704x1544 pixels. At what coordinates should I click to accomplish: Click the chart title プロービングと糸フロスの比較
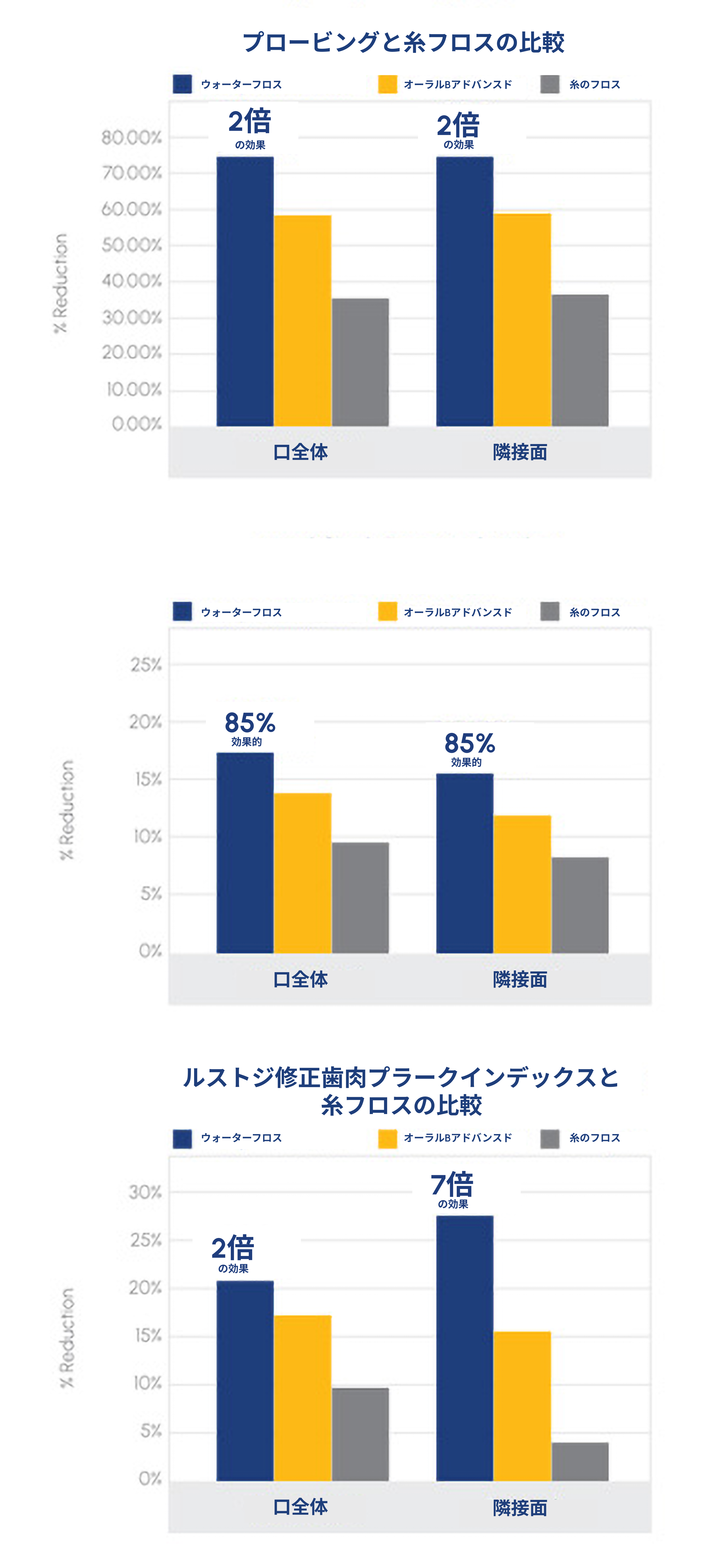click(403, 43)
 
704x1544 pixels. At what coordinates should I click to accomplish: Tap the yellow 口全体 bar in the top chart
click(302, 321)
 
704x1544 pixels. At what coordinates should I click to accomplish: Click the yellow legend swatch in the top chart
click(387, 84)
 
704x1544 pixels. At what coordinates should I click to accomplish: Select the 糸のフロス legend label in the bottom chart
click(594, 1138)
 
